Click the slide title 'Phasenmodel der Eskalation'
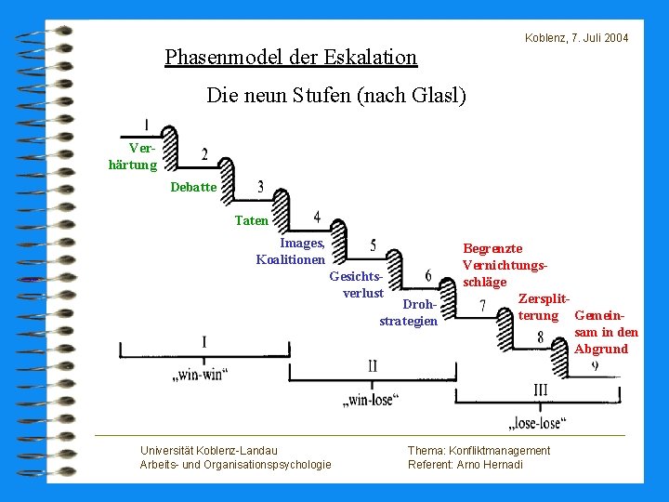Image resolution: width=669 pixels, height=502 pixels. pyautogui.click(x=291, y=58)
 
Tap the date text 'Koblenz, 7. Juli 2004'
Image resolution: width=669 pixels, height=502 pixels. pyautogui.click(x=576, y=38)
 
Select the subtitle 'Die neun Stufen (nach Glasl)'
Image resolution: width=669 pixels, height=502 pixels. pyautogui.click(x=335, y=95)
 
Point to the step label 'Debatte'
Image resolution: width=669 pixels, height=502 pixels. pyautogui.click(x=193, y=188)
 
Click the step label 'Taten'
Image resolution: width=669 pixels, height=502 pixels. pyautogui.click(x=251, y=221)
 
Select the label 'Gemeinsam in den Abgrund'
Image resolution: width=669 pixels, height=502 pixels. pyautogui.click(x=606, y=333)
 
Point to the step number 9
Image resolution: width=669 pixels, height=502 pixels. pyautogui.click(x=594, y=367)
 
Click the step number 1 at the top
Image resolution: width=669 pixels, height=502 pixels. pyautogui.click(x=147, y=124)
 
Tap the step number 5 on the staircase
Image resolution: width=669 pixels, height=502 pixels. pyautogui.click(x=373, y=245)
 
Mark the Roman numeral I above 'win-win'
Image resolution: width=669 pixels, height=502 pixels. pyautogui.click(x=203, y=342)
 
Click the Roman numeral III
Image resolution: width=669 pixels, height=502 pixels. pyautogui.click(x=540, y=390)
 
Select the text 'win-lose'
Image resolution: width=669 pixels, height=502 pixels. pyautogui.click(x=371, y=400)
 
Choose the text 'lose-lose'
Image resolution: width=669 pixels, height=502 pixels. pyautogui.click(x=537, y=424)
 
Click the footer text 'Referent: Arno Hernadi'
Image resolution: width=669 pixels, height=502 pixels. pyautogui.click(x=465, y=465)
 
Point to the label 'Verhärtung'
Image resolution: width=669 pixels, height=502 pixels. pyautogui.click(x=134, y=157)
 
